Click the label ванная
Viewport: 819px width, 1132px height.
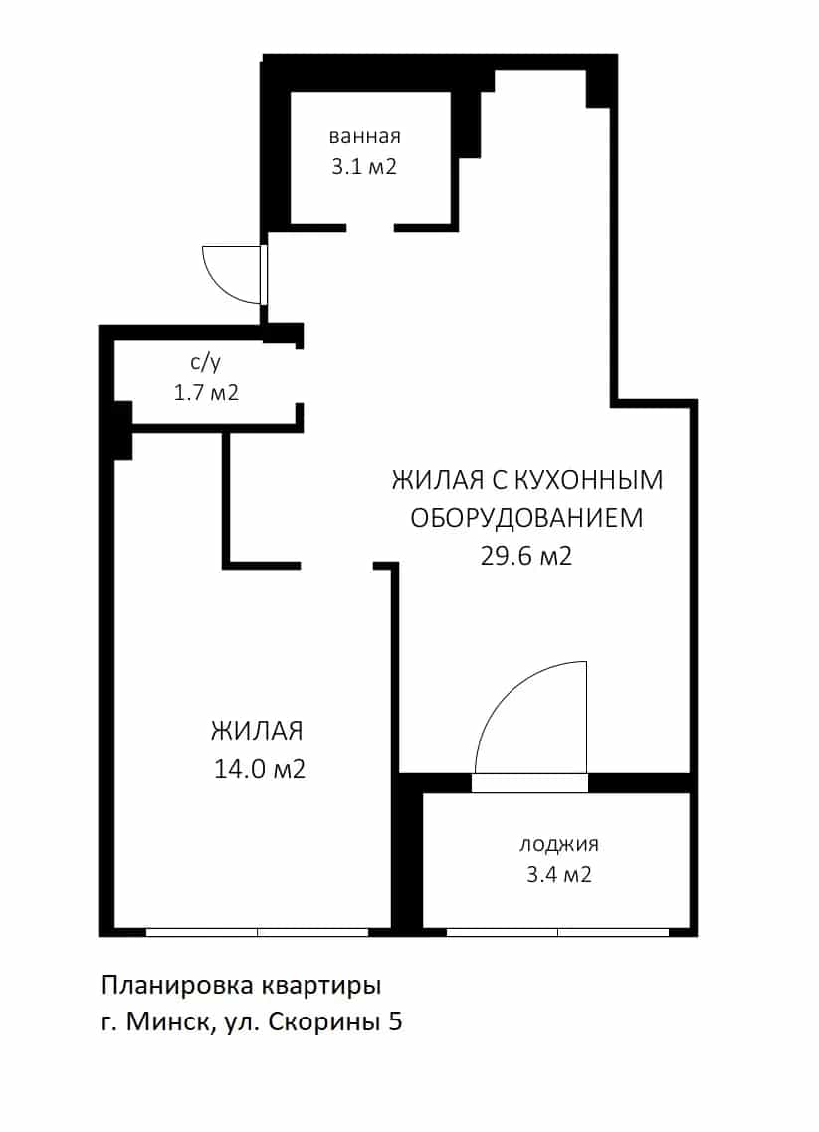[364, 136]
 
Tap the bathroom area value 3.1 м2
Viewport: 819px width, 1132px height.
[364, 167]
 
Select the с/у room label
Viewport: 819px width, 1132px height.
[206, 362]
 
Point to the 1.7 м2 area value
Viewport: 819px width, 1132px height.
[206, 392]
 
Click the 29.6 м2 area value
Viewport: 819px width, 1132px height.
[526, 556]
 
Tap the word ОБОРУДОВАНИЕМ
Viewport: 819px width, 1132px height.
[526, 518]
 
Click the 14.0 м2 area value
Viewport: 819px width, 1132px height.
[260, 769]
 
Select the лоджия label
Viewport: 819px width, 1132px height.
[559, 844]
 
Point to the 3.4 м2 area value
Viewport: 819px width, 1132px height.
[559, 875]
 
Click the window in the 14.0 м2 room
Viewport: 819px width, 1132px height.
[258, 932]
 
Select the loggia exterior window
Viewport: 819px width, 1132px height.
[558, 932]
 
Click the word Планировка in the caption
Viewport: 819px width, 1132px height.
[176, 986]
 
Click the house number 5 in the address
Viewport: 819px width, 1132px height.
[395, 1022]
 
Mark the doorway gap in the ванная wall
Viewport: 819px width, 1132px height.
[370, 227]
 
